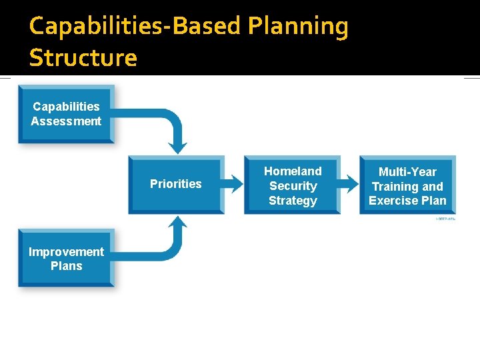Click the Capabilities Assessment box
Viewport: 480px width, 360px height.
coord(66,114)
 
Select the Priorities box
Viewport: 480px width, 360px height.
coord(176,185)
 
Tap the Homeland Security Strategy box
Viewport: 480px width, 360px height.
coord(292,185)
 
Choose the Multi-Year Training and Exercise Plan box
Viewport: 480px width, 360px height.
coord(407,185)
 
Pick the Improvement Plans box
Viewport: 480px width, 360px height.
coord(66,259)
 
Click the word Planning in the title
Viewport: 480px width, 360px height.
coord(297,27)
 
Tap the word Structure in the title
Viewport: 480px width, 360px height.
coord(83,58)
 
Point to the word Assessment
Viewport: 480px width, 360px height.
coord(66,121)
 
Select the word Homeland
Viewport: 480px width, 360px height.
coord(293,171)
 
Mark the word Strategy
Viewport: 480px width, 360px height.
coord(293,200)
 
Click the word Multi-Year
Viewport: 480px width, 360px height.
coord(407,172)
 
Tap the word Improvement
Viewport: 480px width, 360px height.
coord(66,251)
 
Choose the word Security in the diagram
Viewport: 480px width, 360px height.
coord(293,186)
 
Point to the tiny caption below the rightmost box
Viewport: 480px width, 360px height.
coord(445,218)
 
